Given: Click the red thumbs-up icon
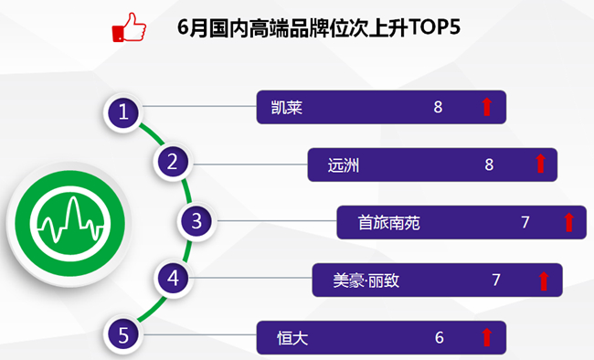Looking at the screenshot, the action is click(129, 27).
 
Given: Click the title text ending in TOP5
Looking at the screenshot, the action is click(319, 27).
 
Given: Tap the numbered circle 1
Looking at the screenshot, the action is click(123, 112).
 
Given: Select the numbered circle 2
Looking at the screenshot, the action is click(173, 162).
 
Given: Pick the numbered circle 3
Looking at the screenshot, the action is click(196, 221).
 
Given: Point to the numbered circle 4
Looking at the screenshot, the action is click(173, 278).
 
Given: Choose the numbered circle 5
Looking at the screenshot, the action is click(123, 335).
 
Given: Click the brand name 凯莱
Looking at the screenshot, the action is click(287, 108).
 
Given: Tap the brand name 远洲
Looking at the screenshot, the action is click(344, 165).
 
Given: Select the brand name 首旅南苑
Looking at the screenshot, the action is click(389, 223).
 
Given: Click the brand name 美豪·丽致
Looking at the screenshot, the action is click(366, 281).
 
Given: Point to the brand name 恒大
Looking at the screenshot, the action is click(292, 338).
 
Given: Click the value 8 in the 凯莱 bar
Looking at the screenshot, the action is click(438, 107).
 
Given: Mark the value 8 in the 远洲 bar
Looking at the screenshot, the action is click(489, 164).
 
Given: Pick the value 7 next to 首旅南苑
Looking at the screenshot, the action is click(525, 222).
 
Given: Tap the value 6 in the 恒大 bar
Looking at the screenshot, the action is click(439, 338).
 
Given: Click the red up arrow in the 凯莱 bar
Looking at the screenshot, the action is click(487, 107).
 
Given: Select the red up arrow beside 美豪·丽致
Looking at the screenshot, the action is click(544, 281).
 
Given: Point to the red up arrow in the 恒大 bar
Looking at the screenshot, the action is click(487, 337).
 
